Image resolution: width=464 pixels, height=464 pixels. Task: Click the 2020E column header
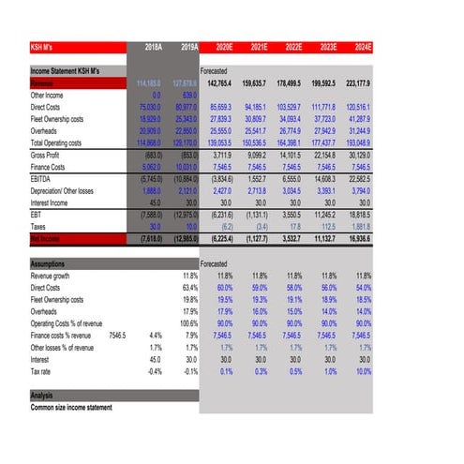224,46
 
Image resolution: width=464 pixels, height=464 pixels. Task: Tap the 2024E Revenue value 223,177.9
356,82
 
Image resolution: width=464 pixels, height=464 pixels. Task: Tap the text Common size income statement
71,408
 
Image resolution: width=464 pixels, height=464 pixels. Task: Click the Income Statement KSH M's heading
66,71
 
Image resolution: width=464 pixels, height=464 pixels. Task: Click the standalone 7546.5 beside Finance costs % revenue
117,335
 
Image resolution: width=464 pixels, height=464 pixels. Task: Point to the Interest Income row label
54,202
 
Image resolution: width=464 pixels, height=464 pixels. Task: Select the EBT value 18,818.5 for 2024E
356,215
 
